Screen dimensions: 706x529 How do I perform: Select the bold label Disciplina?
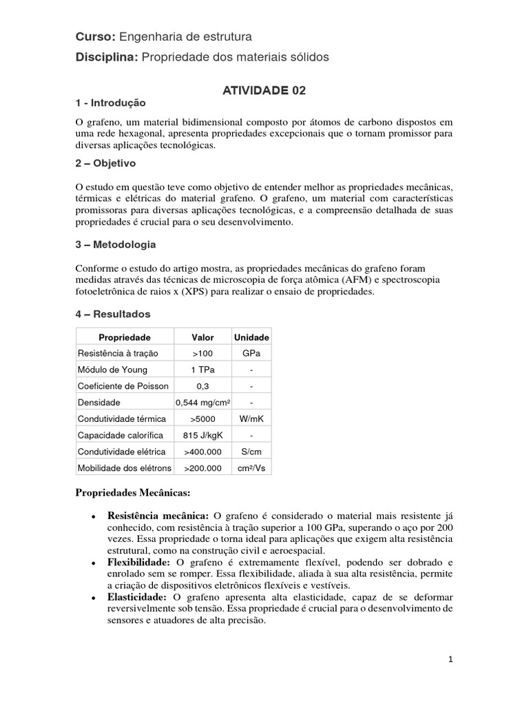point(107,58)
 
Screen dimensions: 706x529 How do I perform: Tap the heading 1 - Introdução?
point(110,103)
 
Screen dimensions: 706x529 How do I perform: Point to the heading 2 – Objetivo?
point(105,163)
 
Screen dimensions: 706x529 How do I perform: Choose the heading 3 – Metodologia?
point(115,245)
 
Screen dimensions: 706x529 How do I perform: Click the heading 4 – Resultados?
point(112,314)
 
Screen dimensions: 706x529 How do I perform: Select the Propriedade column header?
point(125,337)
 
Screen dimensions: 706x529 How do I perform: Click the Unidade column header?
point(251,337)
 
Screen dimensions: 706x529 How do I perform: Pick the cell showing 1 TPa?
point(202,370)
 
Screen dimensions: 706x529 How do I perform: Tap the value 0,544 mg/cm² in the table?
point(202,403)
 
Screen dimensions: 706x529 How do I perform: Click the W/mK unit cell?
point(251,418)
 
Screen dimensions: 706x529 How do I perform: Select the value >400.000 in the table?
point(202,452)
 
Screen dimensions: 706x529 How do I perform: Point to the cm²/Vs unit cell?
point(251,468)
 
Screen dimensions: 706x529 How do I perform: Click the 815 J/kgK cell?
point(202,435)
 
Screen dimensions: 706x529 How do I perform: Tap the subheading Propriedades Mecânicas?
point(131,494)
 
